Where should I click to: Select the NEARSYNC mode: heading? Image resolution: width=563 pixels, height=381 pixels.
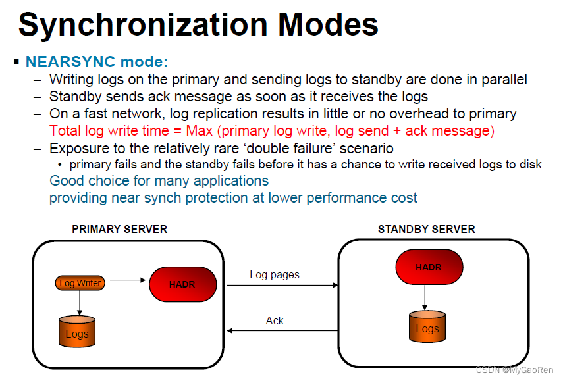[97, 62]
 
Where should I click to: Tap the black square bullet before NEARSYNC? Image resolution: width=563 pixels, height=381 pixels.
[16, 62]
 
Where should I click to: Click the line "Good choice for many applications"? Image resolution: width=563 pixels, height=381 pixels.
[159, 180]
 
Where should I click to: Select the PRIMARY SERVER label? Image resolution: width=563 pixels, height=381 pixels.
[119, 229]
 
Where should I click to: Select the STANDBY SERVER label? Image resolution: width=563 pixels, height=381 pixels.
[426, 229]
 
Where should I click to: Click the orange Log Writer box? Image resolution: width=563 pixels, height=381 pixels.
[80, 283]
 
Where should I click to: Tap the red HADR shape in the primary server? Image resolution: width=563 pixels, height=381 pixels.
[182, 284]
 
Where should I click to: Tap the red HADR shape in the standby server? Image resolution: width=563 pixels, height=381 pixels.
[429, 268]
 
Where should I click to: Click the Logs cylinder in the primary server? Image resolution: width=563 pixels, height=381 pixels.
[77, 331]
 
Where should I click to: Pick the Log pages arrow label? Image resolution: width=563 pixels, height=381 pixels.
[275, 274]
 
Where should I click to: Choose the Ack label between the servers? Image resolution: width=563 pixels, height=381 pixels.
[275, 320]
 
